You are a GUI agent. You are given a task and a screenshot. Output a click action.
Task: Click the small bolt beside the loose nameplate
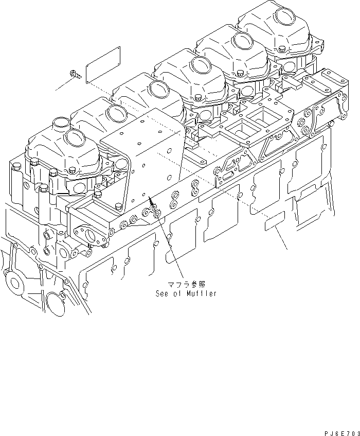point(75,75)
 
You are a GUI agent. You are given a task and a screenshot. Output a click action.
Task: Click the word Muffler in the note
point(201,293)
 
